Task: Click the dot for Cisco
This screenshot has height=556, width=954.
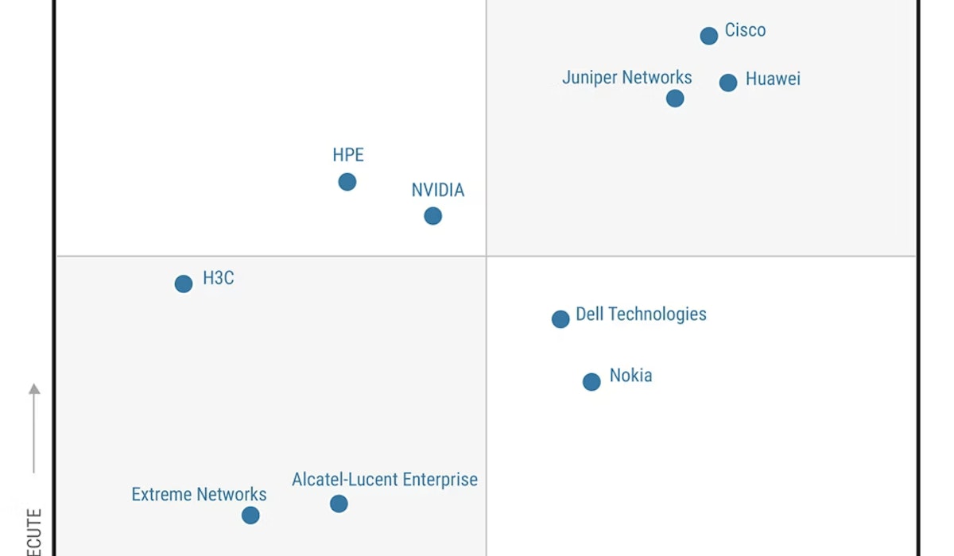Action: pyautogui.click(x=708, y=36)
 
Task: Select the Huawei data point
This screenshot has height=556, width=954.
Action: pyautogui.click(x=728, y=83)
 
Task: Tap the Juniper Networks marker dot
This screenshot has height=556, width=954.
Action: pyautogui.click(x=675, y=98)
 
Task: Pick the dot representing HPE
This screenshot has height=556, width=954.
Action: pyautogui.click(x=347, y=182)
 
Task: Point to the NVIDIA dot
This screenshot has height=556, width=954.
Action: pyautogui.click(x=432, y=216)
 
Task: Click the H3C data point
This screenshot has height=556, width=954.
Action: pyautogui.click(x=184, y=284)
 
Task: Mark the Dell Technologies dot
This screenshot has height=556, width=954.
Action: pyautogui.click(x=560, y=319)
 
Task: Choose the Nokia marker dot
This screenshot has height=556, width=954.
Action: pyautogui.click(x=591, y=382)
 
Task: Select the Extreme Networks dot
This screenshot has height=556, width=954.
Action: pyautogui.click(x=250, y=515)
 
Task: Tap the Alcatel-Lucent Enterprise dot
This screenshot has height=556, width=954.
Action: pyautogui.click(x=339, y=504)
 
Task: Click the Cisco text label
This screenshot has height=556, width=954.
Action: pyautogui.click(x=745, y=31)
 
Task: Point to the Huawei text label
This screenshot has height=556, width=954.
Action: pyautogui.click(x=773, y=79)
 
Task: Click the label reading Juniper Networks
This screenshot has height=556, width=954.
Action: pyautogui.click(x=626, y=78)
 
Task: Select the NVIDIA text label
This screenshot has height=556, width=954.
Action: pyautogui.click(x=437, y=191)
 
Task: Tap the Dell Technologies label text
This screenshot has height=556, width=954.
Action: pyautogui.click(x=641, y=315)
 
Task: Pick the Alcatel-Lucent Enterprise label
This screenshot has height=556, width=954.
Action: pyautogui.click(x=385, y=480)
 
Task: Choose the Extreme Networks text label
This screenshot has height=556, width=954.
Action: pyautogui.click(x=199, y=495)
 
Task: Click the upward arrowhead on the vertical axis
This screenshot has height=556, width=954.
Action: pyautogui.click(x=34, y=388)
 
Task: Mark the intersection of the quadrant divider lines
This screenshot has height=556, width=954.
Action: pyautogui.click(x=487, y=257)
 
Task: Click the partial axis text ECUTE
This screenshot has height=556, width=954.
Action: pyautogui.click(x=34, y=532)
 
